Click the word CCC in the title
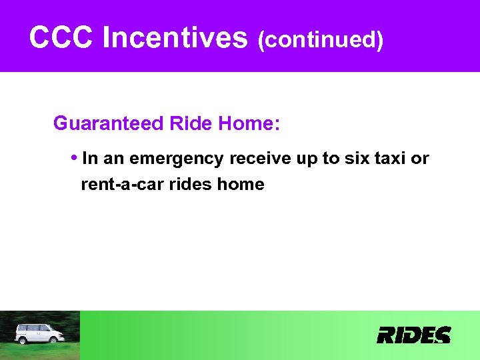click(x=61, y=38)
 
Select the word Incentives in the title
click(x=175, y=38)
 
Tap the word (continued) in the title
click(x=321, y=40)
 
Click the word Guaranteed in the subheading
click(x=109, y=123)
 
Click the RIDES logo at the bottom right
click(x=413, y=335)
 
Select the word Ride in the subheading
click(x=189, y=123)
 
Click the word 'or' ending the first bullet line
click(x=420, y=159)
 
